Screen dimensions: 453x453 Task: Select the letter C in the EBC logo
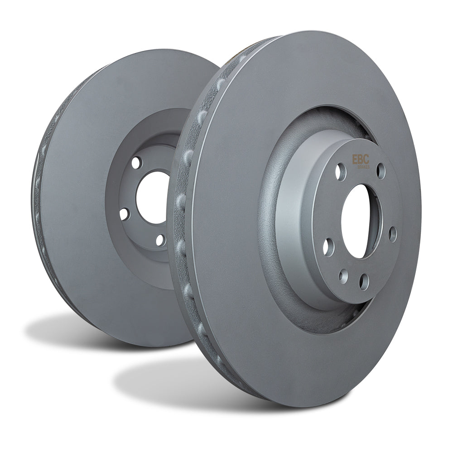367,160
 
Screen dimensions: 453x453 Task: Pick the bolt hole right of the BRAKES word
381,171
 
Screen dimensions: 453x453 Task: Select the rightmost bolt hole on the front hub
392,234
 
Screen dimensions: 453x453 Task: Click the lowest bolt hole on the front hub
364,282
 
